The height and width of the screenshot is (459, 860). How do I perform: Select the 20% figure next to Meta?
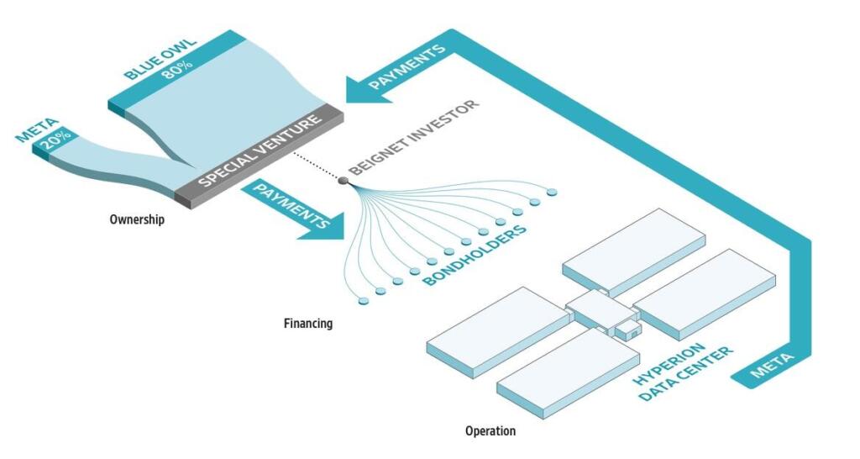[x=57, y=140]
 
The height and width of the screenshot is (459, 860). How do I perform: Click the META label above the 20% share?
[x=37, y=130]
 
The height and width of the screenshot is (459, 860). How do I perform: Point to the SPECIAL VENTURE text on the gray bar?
[x=260, y=150]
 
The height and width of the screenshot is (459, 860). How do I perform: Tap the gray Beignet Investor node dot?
[x=343, y=180]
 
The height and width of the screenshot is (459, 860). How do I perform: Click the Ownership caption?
[x=137, y=219]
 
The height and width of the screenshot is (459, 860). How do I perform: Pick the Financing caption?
[x=308, y=324]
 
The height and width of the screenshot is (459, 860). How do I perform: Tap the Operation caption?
[x=490, y=431]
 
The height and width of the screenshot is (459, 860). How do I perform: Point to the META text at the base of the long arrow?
[x=773, y=366]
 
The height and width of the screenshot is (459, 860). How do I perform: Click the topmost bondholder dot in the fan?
[x=552, y=193]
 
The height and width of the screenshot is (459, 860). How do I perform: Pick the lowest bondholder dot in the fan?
[x=363, y=301]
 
